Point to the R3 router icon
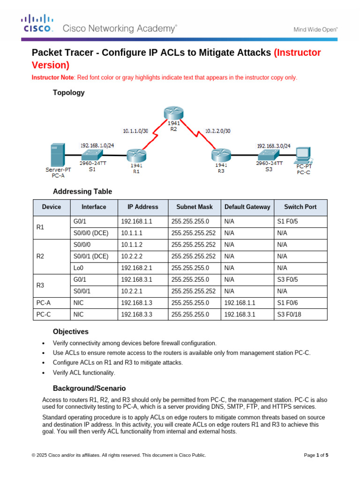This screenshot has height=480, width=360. pyautogui.click(x=220, y=154)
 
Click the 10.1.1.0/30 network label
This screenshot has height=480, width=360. pyautogui.click(x=135, y=131)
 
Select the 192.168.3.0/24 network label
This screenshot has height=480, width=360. pyautogui.click(x=273, y=146)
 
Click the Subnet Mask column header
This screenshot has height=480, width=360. pyautogui.click(x=194, y=207)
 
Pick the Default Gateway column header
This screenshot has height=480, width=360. pyautogui.click(x=247, y=207)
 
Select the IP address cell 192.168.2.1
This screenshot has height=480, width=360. pyautogui.click(x=136, y=268)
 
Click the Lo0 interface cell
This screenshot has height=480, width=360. pyautogui.click(x=78, y=268)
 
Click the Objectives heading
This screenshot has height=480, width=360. pyautogui.click(x=70, y=331)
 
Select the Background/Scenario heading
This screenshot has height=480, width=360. pyautogui.click(x=89, y=389)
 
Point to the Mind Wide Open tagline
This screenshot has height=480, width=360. pyautogui.click(x=315, y=29)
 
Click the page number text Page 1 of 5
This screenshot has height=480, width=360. pyautogui.click(x=316, y=455)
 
